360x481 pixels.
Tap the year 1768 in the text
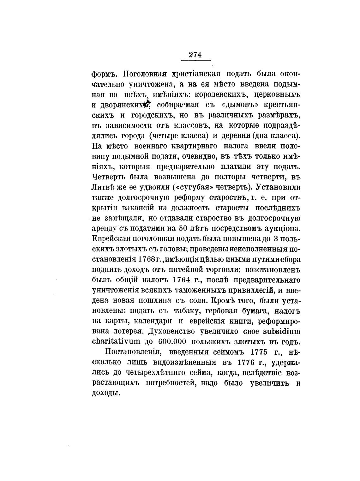(x=146, y=260)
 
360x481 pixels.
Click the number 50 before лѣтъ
(x=183, y=228)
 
